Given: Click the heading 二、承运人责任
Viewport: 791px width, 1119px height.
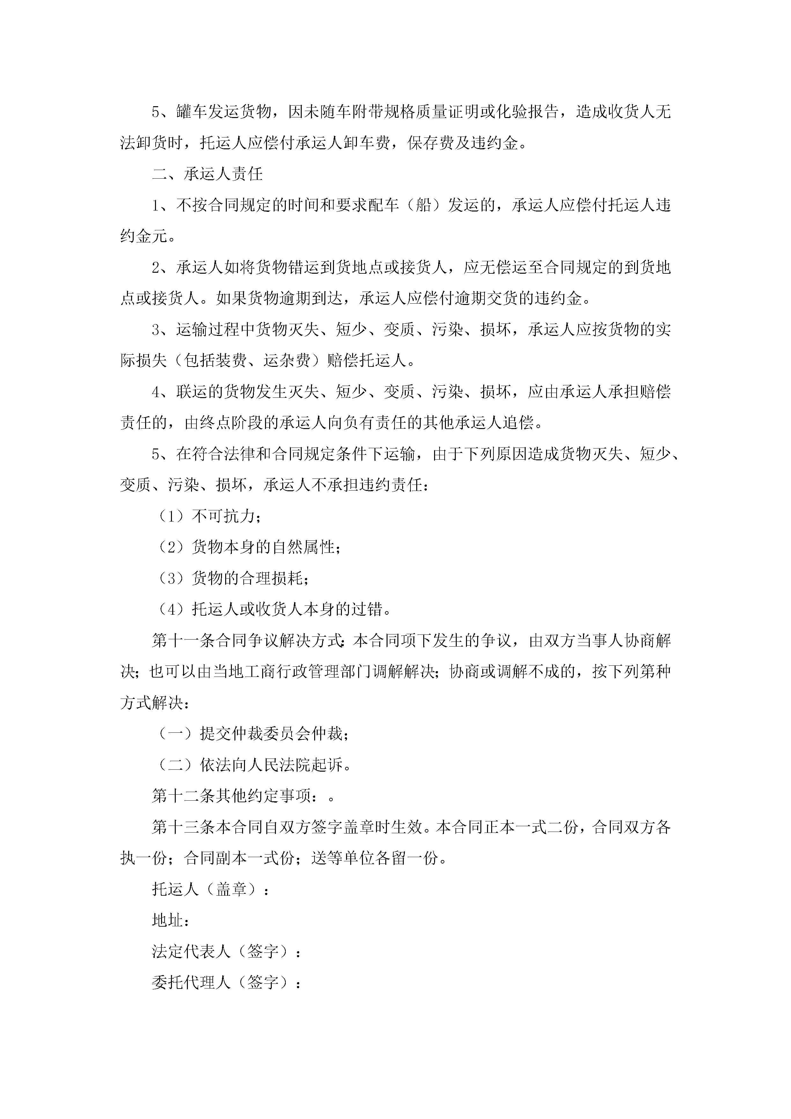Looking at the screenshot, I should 207,174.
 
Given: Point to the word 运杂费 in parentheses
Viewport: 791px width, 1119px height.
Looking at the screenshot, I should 286,361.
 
